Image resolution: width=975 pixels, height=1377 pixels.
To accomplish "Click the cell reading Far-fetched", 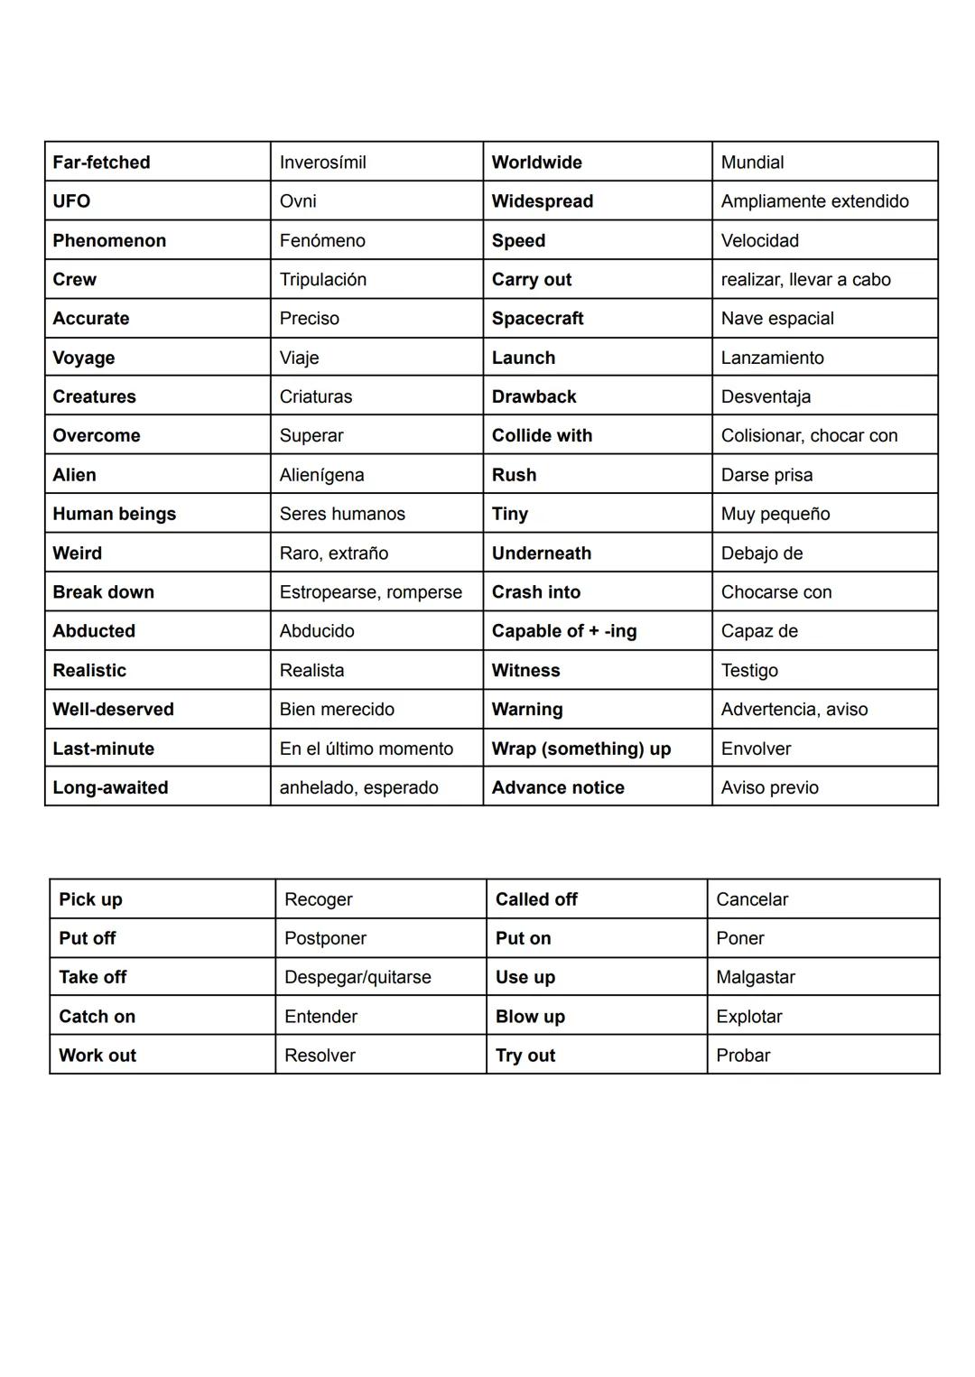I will (101, 163).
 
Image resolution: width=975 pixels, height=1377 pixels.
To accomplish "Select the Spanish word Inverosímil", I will (322, 163).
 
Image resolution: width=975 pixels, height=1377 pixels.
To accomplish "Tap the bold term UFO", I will (71, 201).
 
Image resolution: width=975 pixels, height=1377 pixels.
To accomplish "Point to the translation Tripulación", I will (322, 280).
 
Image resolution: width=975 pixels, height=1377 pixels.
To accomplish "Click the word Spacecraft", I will (537, 319).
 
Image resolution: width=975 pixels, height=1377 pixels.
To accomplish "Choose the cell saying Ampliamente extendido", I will (814, 201).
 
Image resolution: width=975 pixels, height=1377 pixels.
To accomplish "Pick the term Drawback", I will (534, 396).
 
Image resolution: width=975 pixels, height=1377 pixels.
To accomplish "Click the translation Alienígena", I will (321, 475).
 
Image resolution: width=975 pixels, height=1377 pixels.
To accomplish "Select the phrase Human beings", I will (114, 514).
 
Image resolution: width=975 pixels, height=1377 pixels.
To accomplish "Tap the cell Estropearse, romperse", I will (370, 592).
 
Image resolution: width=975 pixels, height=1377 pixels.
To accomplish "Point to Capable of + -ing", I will (563, 631).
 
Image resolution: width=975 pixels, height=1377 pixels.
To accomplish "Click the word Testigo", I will (748, 671).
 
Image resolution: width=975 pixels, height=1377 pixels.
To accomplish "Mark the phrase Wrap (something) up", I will (580, 749).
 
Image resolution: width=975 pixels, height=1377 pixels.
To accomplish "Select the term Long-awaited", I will (110, 787).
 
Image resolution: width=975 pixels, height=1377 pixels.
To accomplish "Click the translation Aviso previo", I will (769, 787).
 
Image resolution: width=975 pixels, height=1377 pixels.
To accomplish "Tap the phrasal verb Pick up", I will (90, 899).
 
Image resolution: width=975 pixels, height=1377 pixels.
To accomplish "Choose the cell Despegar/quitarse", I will (357, 977).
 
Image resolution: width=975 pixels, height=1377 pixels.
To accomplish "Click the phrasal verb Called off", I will (536, 899).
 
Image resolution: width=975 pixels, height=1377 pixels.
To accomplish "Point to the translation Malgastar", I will (755, 977).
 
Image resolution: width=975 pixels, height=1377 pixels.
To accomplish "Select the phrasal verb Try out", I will (525, 1056).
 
